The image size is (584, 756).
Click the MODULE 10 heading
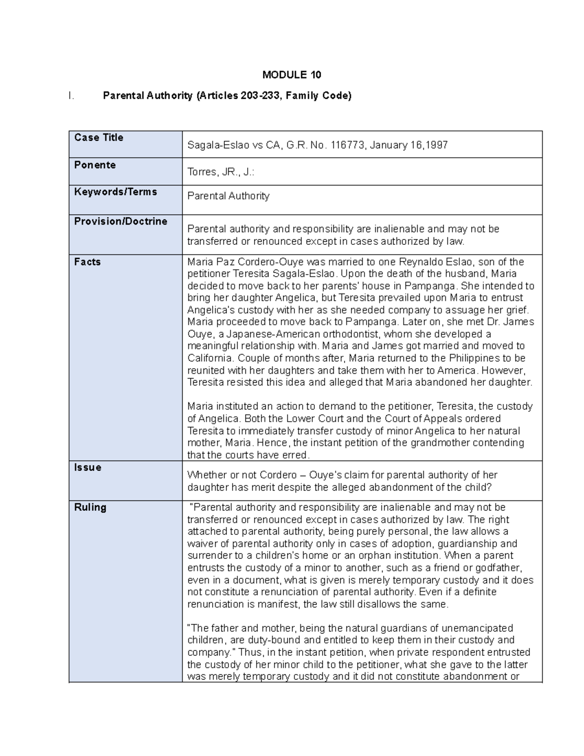coord(292,75)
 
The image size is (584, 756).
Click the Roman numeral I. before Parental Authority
coord(72,96)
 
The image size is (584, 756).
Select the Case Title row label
coord(98,138)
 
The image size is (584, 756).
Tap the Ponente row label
coord(94,165)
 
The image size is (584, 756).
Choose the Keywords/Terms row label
coord(115,192)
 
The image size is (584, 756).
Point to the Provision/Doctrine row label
coord(120,221)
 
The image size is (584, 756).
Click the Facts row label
coord(87,262)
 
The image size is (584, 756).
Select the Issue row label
coord(88,468)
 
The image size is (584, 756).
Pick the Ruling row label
coord(90,507)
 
